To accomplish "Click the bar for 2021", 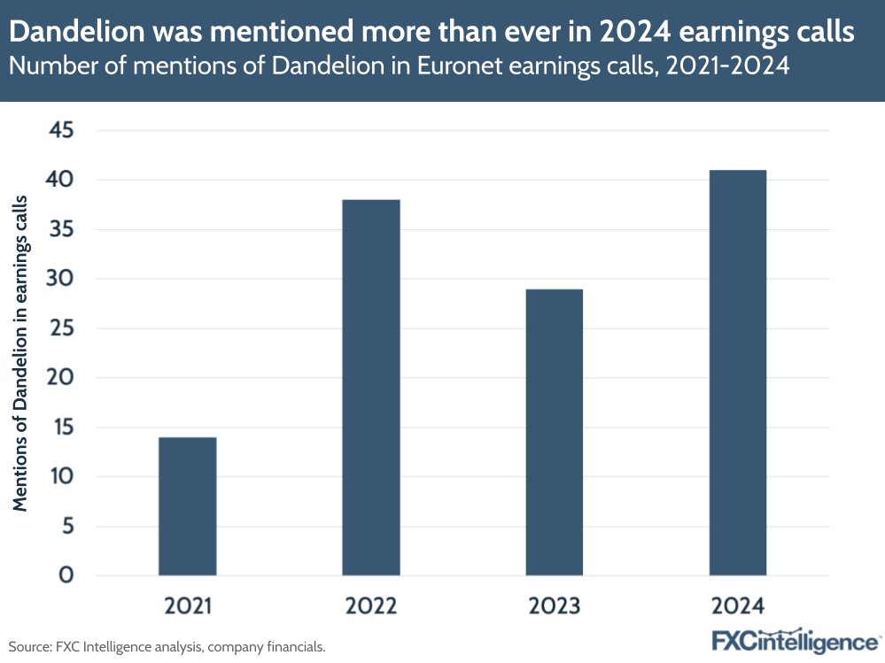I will [x=187, y=506].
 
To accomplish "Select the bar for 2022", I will [x=370, y=388].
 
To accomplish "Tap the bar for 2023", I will [x=554, y=432].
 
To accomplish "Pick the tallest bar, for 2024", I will [x=737, y=373].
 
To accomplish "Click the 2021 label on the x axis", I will [x=188, y=606].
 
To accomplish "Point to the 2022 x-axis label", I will [x=370, y=606].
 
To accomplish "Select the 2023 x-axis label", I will [x=554, y=606].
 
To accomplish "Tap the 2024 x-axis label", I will [x=737, y=606].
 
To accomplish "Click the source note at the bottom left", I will [x=167, y=647].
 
